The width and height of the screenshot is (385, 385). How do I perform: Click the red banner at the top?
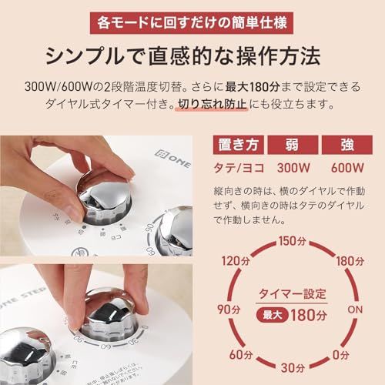tap(192, 21)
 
